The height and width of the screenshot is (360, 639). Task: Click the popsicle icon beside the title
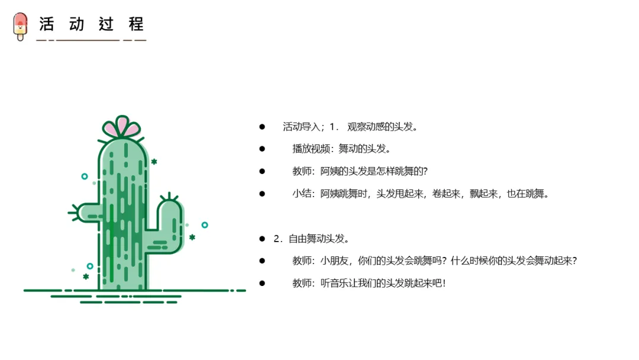point(20,26)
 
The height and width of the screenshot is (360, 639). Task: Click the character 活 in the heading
point(47,24)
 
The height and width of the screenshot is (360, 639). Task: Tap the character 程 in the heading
point(136,24)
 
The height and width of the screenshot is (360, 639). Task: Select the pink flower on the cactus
point(121,127)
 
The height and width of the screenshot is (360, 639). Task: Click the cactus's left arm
point(86,213)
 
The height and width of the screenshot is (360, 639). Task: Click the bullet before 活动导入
point(262,127)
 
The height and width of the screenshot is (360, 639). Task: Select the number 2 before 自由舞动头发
point(277,239)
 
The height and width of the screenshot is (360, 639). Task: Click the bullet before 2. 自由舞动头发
point(262,239)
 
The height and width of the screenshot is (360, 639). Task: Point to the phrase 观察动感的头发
point(380,127)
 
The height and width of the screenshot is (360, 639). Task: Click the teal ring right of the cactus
point(205,225)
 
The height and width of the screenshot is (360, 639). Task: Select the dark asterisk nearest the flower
point(154,162)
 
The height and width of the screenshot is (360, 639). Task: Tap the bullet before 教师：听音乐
point(262,284)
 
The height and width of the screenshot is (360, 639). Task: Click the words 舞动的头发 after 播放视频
point(362,149)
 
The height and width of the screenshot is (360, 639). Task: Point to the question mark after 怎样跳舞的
point(425,171)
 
